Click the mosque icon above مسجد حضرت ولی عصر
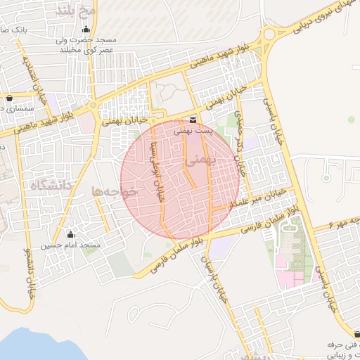(86, 30)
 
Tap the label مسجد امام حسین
(70, 245)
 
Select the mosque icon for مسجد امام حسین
(70, 234)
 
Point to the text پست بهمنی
(193, 131)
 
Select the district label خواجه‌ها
(112, 191)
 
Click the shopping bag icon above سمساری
(9, 98)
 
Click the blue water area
(35, 348)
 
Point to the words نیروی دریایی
(302, 21)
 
